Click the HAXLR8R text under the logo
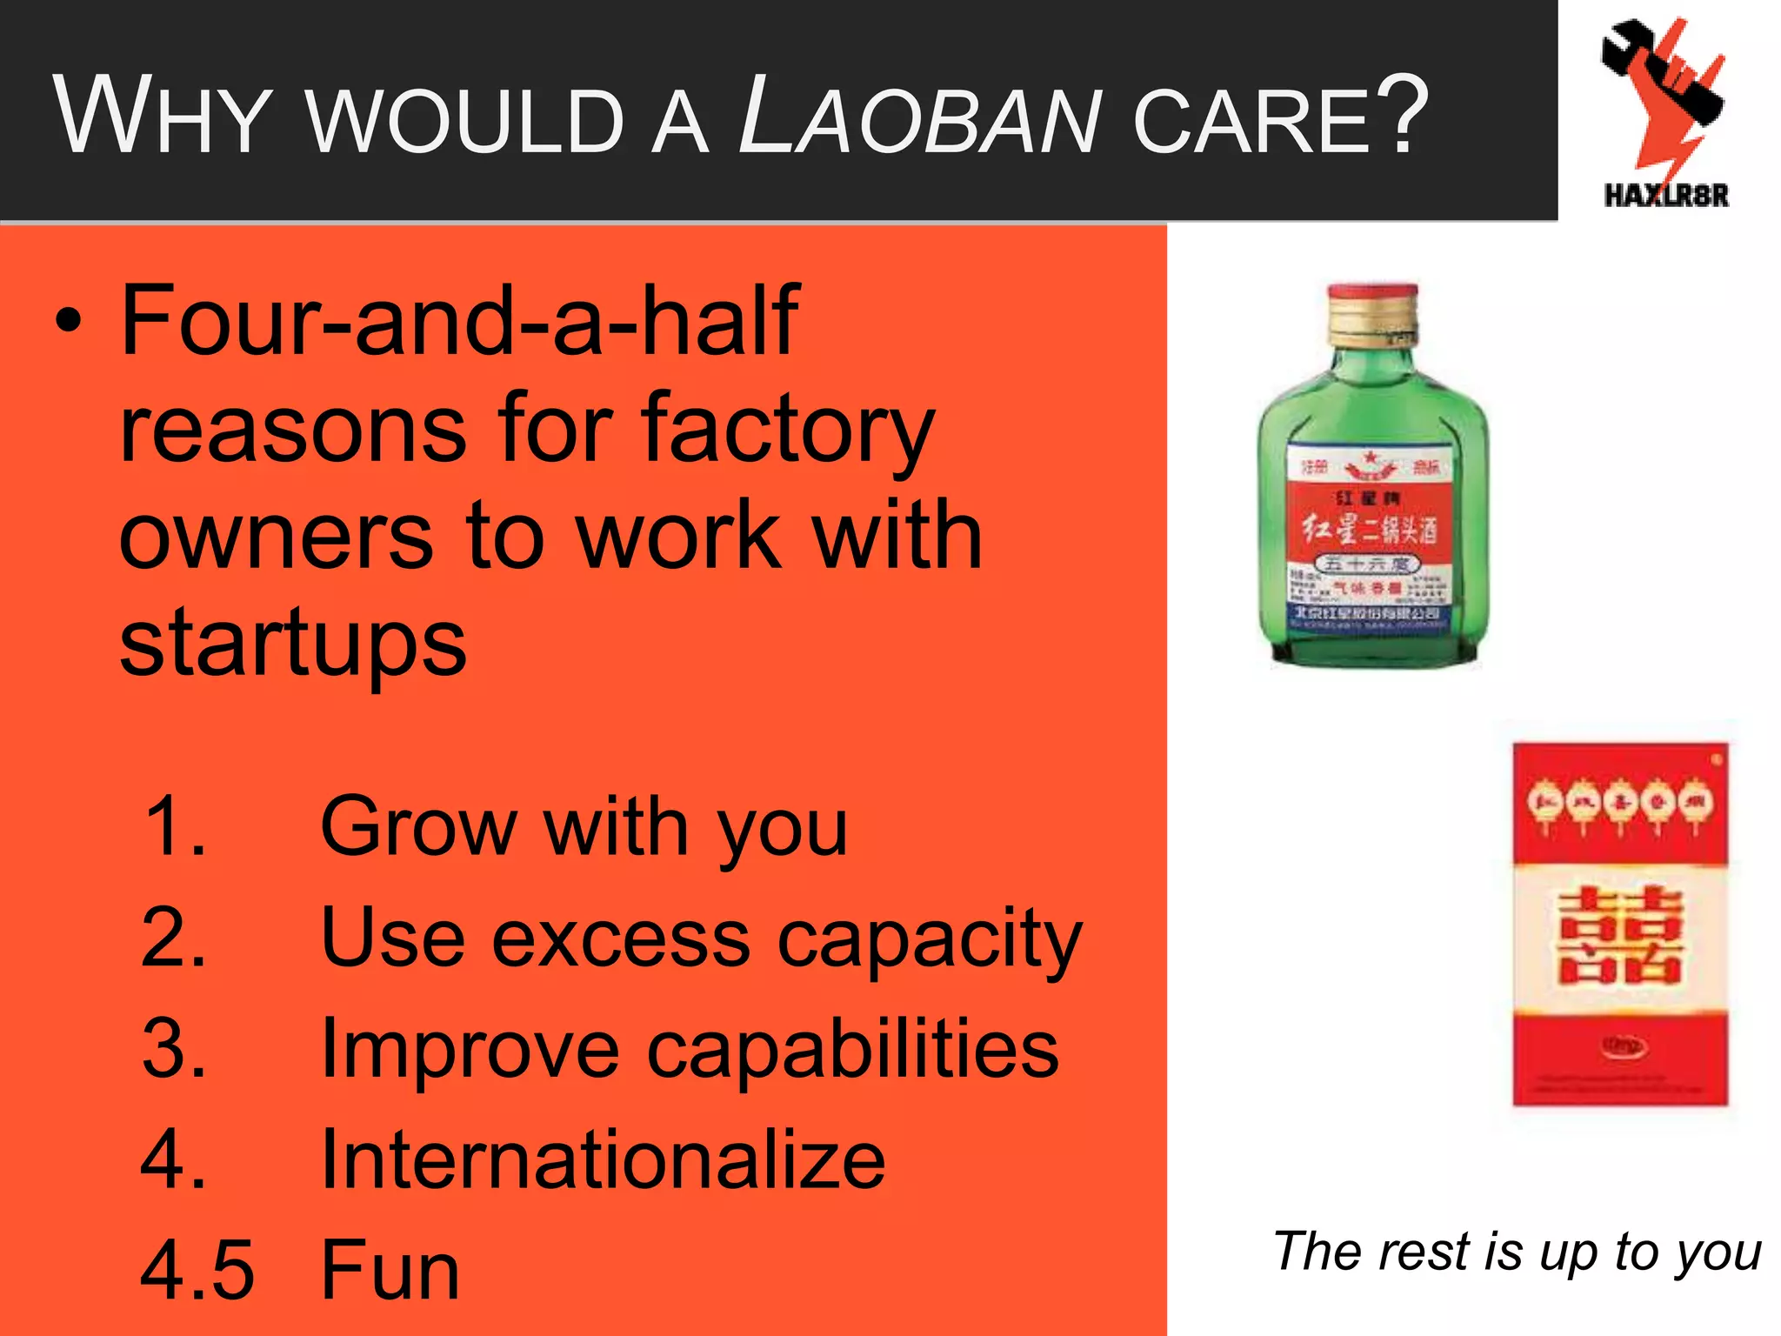1666,195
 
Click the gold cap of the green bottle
1372,315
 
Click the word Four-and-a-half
459,322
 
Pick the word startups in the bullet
293,644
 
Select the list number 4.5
197,1271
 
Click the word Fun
390,1271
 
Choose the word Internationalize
603,1160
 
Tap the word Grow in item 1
419,827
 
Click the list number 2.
173,939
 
